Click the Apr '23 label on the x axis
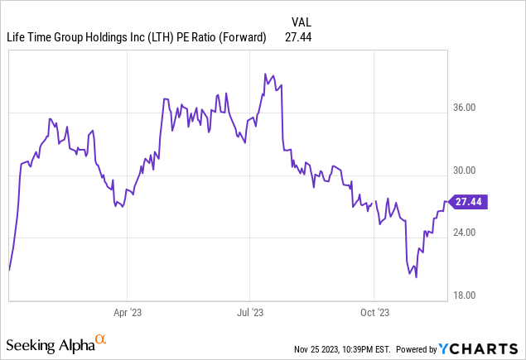[x=127, y=314]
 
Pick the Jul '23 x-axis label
[x=250, y=314]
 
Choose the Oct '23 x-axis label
[x=374, y=314]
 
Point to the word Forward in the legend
[x=241, y=37]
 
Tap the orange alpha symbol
[x=101, y=339]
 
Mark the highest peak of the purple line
[x=264, y=74]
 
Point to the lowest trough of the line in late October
[x=416, y=277]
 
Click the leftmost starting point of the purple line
[x=9, y=270]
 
